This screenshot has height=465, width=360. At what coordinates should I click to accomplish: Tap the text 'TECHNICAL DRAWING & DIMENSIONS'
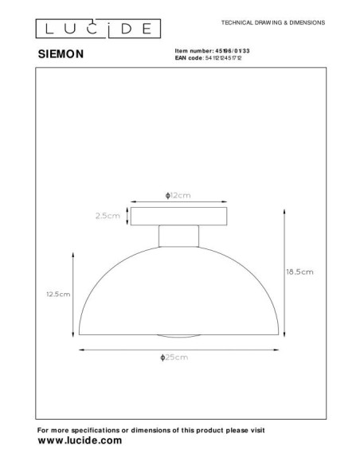271,24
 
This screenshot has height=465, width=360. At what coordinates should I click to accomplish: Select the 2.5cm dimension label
107,215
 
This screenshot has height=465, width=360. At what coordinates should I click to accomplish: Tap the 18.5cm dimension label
299,272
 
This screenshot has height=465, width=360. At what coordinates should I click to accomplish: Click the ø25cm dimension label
174,358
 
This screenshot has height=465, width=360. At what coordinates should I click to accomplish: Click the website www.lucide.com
80,440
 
